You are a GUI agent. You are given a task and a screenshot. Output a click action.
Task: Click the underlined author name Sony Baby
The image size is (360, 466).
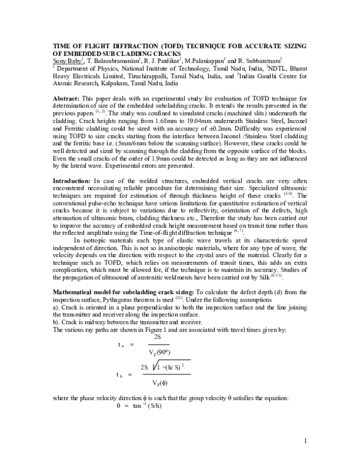(x=61, y=60)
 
